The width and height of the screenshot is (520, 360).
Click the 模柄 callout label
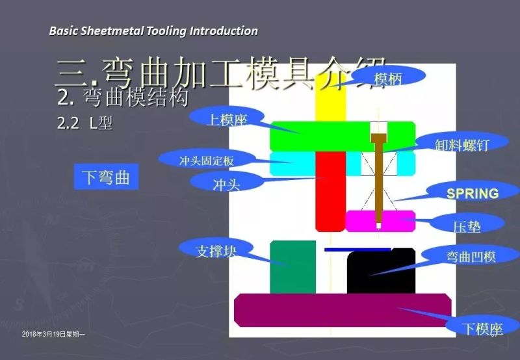click(388, 77)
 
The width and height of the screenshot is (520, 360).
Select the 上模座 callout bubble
click(227, 119)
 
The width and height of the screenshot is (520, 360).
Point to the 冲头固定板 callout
click(206, 160)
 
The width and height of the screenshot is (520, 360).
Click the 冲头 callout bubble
click(227, 184)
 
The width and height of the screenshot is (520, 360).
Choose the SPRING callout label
click(473, 194)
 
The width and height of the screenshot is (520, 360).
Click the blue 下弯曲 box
click(106, 177)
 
